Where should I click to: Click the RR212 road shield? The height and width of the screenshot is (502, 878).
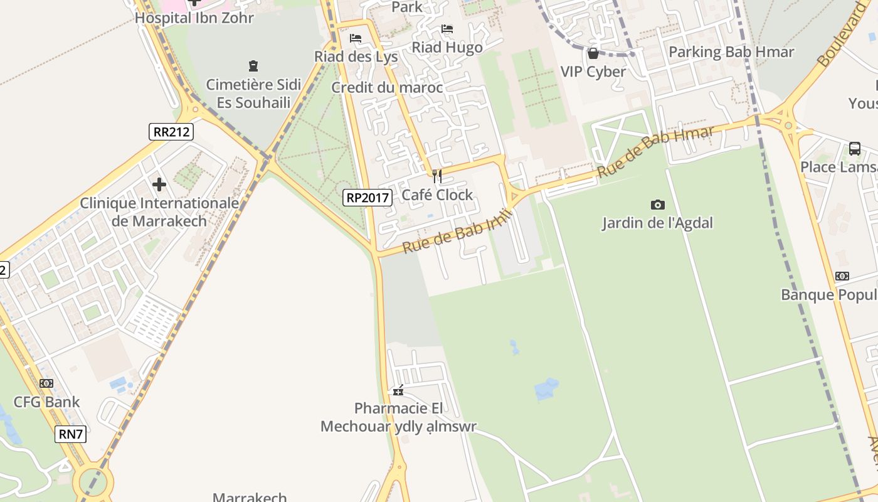pos(171,132)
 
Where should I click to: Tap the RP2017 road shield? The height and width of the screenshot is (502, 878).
pos(368,198)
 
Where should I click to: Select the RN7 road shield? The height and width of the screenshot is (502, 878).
pos(70,434)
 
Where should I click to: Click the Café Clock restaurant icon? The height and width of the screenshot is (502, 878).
pos(437,176)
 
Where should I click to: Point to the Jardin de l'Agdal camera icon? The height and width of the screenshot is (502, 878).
pos(657,205)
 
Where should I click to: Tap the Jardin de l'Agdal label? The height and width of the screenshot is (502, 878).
pos(657,223)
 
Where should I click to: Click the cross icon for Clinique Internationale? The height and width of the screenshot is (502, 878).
pos(159,184)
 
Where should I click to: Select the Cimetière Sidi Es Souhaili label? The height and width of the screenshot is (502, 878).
pos(253,93)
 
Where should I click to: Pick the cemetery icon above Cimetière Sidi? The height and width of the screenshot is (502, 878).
pos(253,66)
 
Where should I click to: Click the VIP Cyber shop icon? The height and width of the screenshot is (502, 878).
pos(593,53)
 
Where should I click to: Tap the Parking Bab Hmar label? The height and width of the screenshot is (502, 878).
pos(731,52)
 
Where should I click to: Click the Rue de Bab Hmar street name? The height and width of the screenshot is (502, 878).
pos(655,151)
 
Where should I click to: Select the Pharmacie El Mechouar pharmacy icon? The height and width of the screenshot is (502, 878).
pos(398,391)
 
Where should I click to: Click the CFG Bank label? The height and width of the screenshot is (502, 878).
pos(46,402)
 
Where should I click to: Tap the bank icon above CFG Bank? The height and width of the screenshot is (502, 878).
pos(46,383)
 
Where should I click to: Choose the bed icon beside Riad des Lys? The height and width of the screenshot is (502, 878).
pos(356,38)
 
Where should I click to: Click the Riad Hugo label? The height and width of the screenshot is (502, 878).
pos(447,47)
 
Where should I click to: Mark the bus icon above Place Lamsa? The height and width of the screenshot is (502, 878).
pos(854,149)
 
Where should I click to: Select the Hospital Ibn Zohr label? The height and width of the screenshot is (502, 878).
pos(194,18)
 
